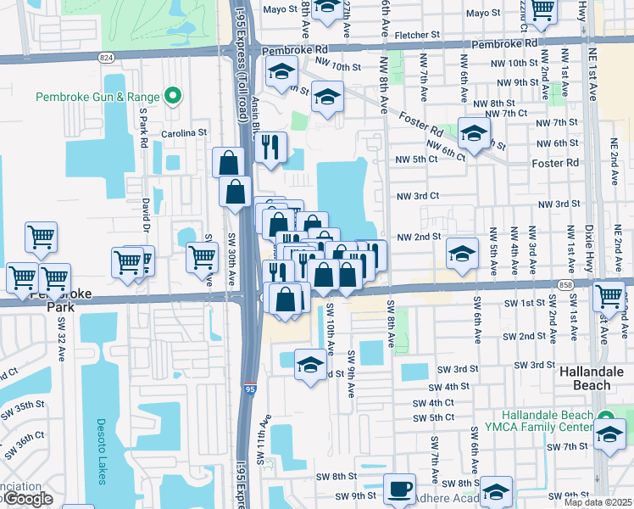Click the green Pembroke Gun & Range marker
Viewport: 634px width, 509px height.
(x=174, y=96)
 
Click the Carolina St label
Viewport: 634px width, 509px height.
(x=185, y=133)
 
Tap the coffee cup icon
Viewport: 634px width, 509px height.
(x=399, y=489)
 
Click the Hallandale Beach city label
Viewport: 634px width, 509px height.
(x=597, y=378)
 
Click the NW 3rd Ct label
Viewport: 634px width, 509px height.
(x=418, y=196)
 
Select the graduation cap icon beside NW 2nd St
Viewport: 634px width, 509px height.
(x=462, y=254)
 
